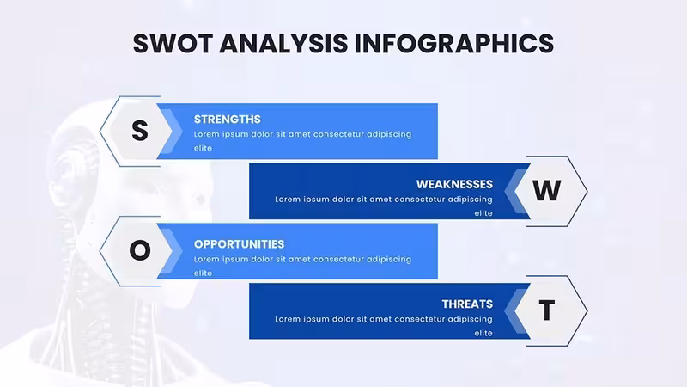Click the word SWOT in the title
coord(173,44)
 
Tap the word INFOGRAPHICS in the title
coord(454,44)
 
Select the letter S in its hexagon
coord(140,131)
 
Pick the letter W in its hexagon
coord(546,190)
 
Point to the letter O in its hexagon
coord(140,250)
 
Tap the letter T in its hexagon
coord(546,310)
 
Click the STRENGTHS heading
coord(227,120)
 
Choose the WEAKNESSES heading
coord(454,184)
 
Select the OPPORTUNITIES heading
coord(239,244)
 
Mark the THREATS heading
coord(467,304)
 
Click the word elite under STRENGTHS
coord(203,148)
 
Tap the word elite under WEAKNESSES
coord(483,213)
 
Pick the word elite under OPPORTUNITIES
coord(203,273)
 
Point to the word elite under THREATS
coord(483,333)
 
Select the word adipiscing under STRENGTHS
coord(389,134)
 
